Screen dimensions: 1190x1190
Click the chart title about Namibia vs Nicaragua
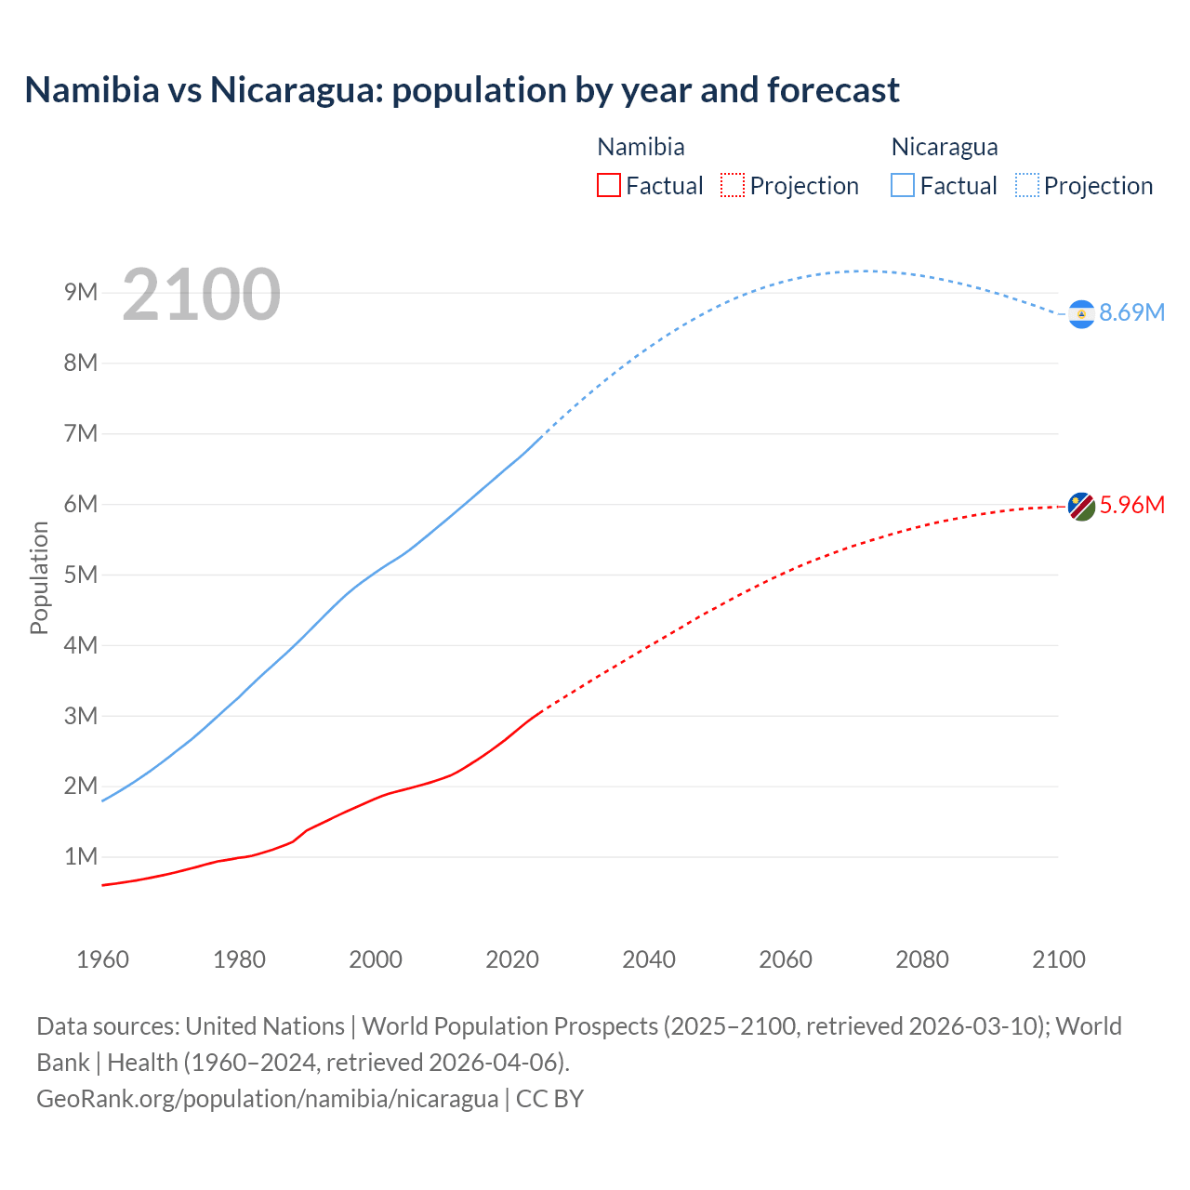click(462, 90)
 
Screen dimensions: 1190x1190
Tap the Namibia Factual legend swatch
click(608, 185)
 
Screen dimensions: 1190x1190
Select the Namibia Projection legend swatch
click(733, 185)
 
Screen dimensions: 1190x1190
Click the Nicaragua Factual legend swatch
click(903, 185)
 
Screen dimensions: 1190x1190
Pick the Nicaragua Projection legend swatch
click(1027, 185)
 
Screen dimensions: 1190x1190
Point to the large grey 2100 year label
click(201, 295)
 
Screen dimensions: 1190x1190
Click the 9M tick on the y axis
click(81, 293)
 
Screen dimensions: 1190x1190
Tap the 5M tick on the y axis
click(81, 575)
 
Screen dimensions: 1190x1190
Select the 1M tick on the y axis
click(81, 856)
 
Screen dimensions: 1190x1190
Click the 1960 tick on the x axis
click(102, 959)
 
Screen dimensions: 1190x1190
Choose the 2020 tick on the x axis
click(512, 959)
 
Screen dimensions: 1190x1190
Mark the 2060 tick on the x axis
click(786, 959)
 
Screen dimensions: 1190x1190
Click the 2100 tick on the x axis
click(1059, 959)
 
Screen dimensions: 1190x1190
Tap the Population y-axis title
click(39, 577)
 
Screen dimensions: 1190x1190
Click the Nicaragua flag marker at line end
click(1081, 314)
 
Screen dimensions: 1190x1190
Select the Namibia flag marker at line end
click(1081, 507)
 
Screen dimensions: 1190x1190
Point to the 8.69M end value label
click(1131, 312)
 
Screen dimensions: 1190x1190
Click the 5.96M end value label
click(1131, 505)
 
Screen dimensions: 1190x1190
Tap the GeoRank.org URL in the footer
click(268, 1098)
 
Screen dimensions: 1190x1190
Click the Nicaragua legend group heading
click(944, 147)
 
